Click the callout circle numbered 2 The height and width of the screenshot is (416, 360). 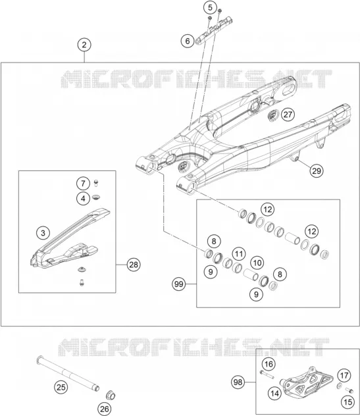[x=84, y=45]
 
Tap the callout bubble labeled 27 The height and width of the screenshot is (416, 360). [x=288, y=115]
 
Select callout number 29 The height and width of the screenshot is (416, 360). [x=317, y=170]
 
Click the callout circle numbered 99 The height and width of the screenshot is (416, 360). [x=179, y=284]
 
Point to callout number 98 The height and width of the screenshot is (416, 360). [x=238, y=382]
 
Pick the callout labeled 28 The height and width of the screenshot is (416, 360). [x=134, y=265]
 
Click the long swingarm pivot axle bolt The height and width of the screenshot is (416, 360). [x=68, y=374]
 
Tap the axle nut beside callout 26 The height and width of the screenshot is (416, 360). [x=111, y=396]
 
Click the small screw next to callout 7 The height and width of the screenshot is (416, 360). [x=96, y=183]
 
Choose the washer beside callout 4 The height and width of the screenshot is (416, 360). [x=96, y=197]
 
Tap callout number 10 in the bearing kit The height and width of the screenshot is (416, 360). [x=257, y=263]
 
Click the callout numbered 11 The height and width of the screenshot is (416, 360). [x=239, y=254]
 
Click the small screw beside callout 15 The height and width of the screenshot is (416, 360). [x=349, y=390]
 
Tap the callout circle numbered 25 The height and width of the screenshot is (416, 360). [x=61, y=387]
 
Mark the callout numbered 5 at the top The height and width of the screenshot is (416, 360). [x=210, y=7]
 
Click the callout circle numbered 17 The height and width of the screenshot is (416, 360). [x=344, y=376]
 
